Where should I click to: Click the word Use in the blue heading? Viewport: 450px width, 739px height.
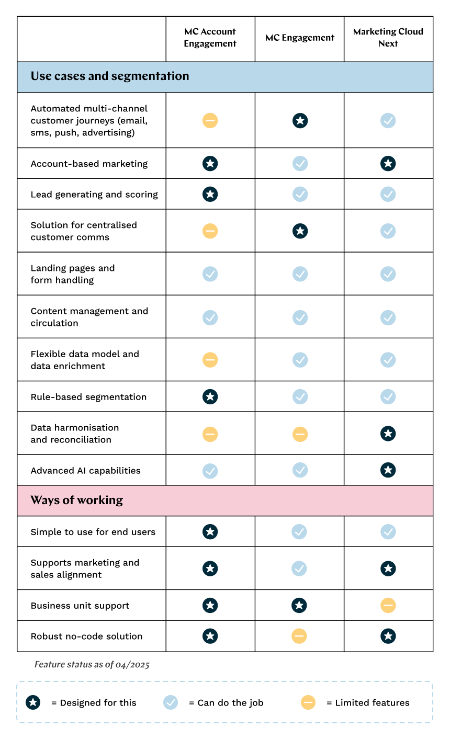41,76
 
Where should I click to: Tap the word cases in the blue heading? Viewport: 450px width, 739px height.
69,76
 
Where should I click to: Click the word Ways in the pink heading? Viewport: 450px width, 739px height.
44,501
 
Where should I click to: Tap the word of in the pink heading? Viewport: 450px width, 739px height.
69,501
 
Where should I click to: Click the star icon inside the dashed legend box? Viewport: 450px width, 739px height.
33,702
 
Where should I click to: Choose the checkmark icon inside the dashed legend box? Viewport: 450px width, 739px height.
171,702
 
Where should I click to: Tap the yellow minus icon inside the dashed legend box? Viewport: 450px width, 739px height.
308,702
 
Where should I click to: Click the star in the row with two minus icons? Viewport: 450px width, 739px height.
388,434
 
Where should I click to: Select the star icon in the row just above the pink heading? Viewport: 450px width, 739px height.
388,470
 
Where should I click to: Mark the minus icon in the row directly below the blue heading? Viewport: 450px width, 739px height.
210,121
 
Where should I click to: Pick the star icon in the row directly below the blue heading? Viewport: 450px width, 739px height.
300,121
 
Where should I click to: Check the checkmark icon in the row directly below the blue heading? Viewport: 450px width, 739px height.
388,121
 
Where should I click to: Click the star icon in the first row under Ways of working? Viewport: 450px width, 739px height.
210,532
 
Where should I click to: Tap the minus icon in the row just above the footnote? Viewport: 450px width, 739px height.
299,636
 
